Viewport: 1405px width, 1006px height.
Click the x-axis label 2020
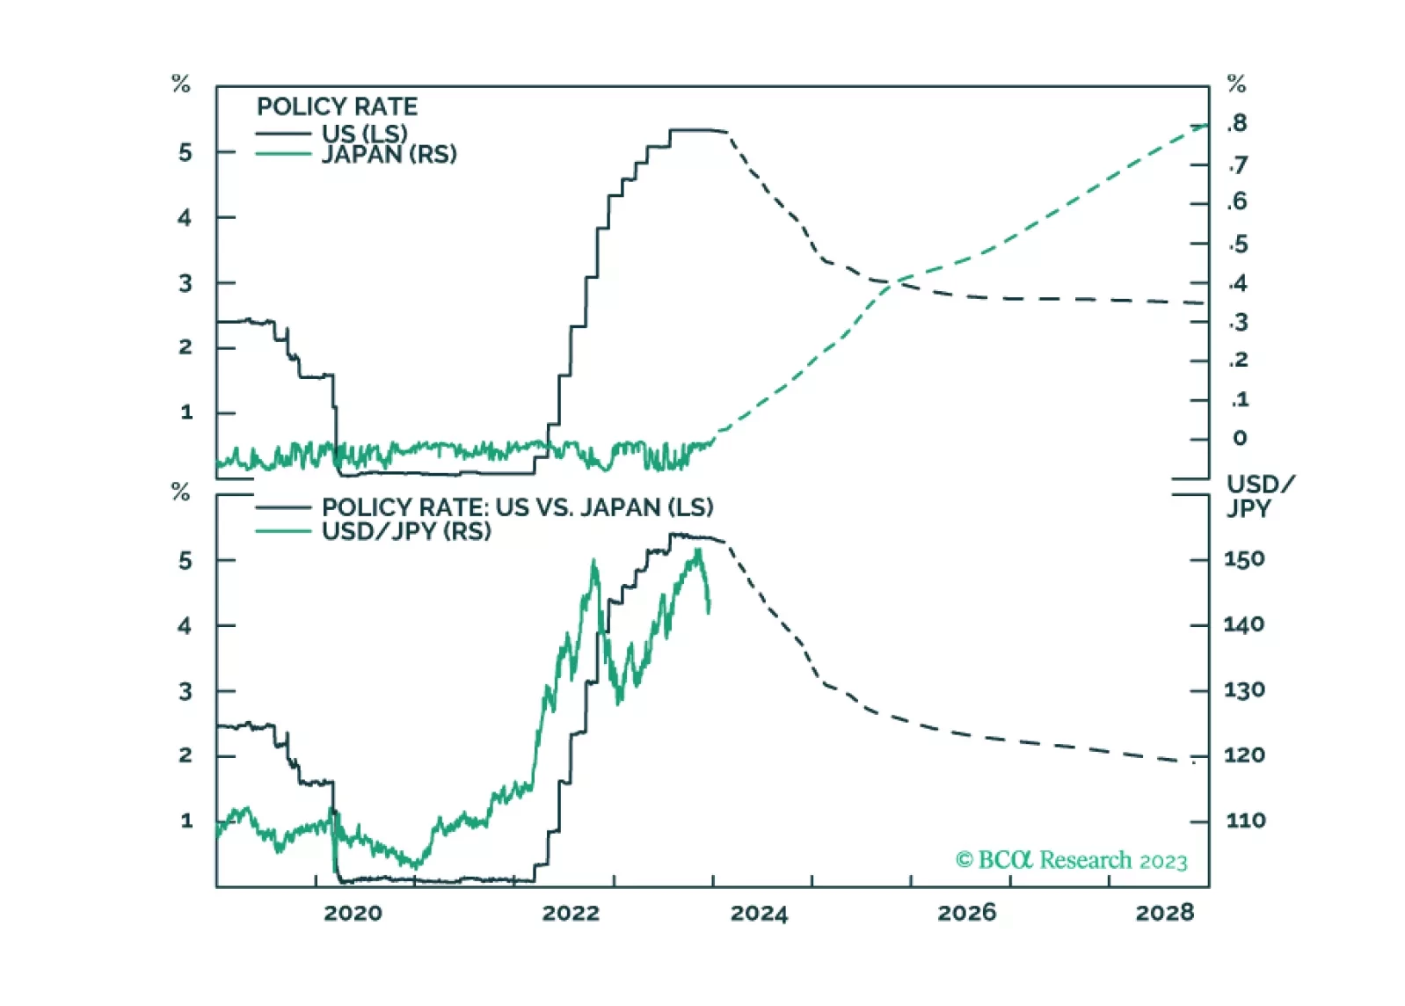tap(353, 913)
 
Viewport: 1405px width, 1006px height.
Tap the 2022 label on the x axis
tap(571, 913)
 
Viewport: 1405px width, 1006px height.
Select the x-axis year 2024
tap(759, 913)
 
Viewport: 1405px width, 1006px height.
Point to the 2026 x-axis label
tap(966, 913)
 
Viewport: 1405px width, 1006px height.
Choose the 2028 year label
tap(1164, 913)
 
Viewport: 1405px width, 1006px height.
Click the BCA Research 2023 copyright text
tap(1071, 860)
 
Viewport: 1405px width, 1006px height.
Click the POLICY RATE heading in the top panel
tap(337, 106)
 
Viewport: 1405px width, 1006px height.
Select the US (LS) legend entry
tap(364, 133)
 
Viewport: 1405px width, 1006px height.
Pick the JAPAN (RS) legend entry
tap(389, 155)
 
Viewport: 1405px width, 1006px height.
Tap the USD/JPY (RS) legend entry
tap(406, 531)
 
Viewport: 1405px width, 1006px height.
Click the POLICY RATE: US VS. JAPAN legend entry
tap(517, 507)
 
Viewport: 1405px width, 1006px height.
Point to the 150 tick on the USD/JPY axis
tap(1243, 559)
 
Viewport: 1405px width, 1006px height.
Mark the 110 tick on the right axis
tap(1245, 820)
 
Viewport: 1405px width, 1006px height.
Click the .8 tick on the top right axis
tap(1238, 123)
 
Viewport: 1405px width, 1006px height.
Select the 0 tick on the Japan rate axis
tap(1240, 438)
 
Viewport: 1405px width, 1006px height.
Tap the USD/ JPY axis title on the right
tap(1259, 496)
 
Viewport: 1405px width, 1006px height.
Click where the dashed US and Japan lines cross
tap(891, 282)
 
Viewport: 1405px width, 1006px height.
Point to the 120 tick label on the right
tap(1243, 755)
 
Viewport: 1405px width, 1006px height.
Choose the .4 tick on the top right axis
tap(1238, 283)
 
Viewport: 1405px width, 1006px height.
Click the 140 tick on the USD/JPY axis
tap(1243, 624)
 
